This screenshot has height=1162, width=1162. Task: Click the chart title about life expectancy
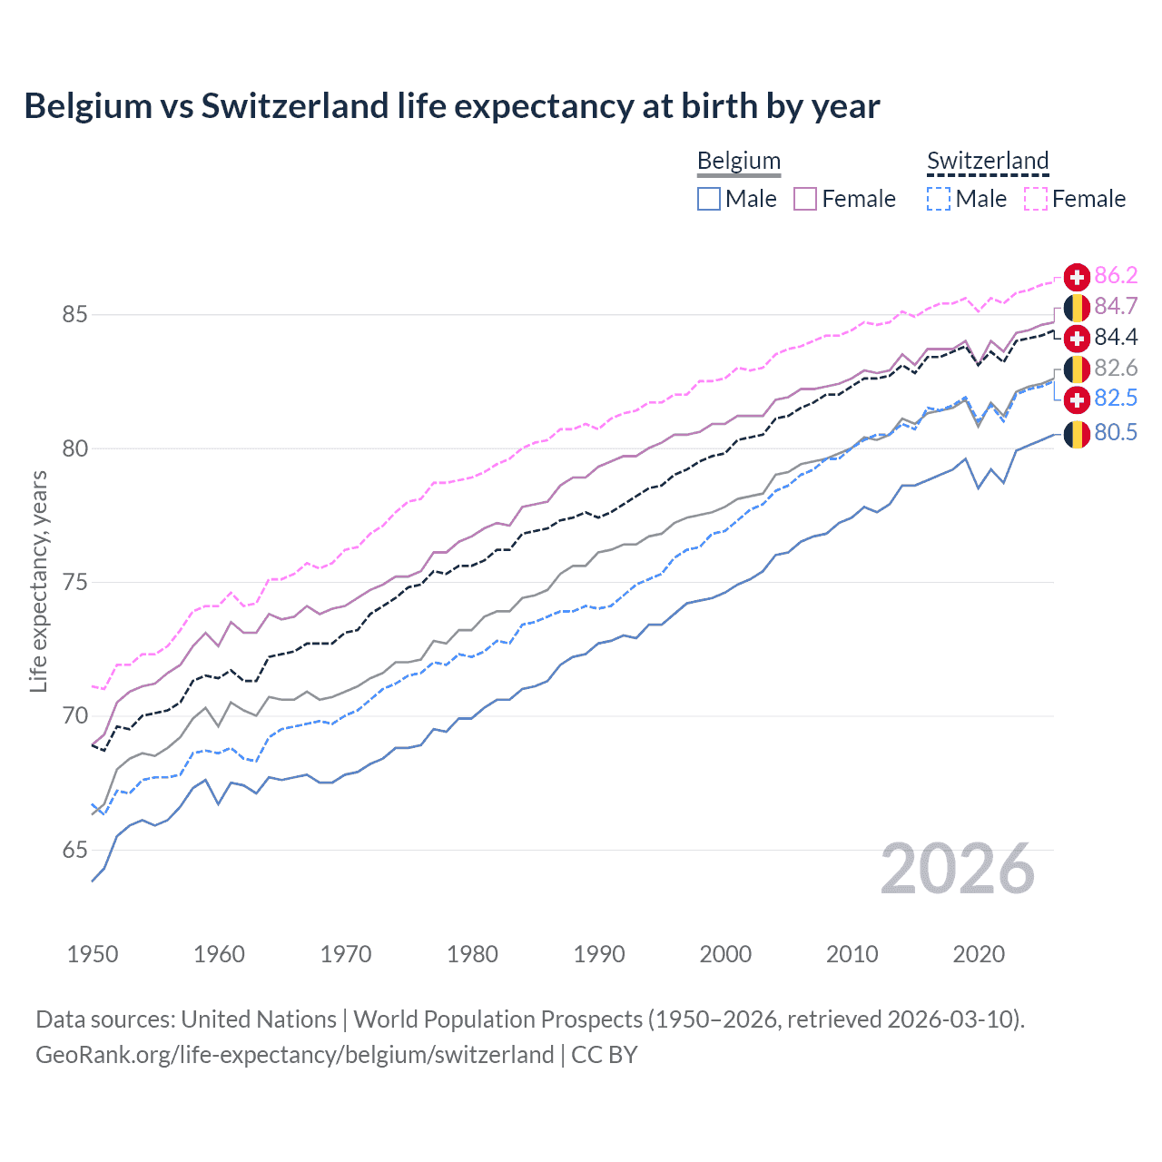tap(451, 106)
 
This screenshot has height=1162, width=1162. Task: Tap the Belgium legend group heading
tap(738, 161)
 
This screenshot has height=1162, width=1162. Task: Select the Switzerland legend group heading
tap(988, 161)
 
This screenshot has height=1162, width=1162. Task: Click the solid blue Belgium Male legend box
tap(709, 199)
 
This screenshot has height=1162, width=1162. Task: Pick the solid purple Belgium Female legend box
tap(805, 199)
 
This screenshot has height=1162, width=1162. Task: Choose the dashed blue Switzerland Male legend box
tap(939, 199)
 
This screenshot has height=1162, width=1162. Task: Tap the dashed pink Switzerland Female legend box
tap(1036, 199)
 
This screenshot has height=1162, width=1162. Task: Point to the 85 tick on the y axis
tap(74, 315)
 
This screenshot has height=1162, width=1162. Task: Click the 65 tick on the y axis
tap(74, 851)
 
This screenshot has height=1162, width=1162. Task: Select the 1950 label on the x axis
tap(93, 954)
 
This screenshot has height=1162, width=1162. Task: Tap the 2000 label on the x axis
tap(725, 954)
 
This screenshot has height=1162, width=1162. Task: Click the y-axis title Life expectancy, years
tap(38, 581)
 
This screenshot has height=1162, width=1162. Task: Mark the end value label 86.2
tap(1116, 276)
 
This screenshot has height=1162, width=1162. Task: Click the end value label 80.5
tap(1116, 433)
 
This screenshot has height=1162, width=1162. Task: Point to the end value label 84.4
tap(1116, 338)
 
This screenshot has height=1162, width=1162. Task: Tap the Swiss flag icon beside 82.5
tap(1077, 399)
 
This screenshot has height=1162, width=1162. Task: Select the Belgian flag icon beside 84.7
tap(1077, 307)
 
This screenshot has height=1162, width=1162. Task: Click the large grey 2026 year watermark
tap(957, 869)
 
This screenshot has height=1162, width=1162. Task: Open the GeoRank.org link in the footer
tap(294, 1055)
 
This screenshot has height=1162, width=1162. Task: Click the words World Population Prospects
tap(497, 1019)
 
